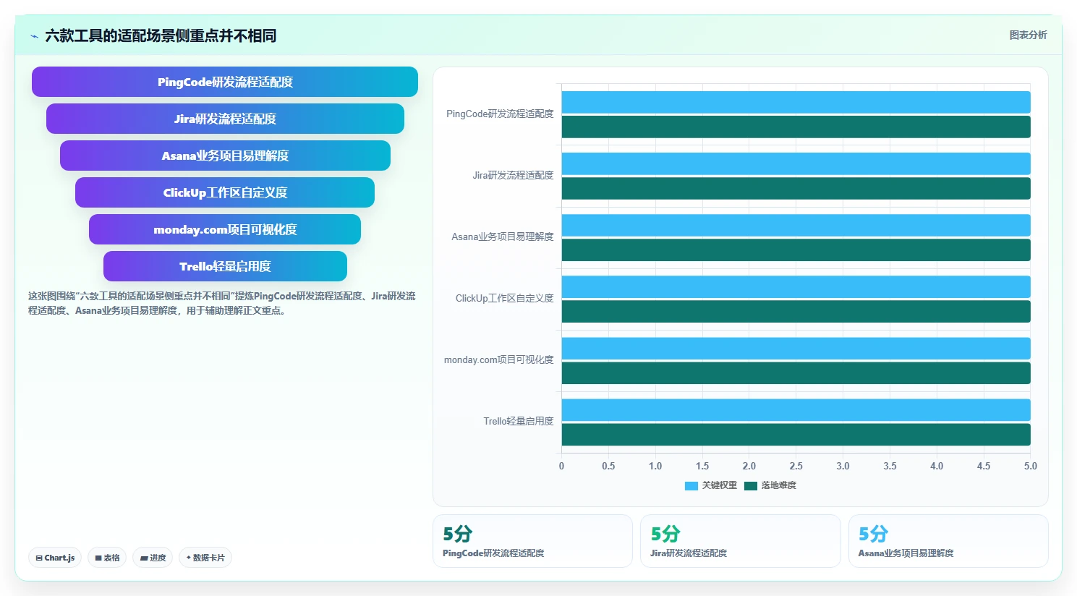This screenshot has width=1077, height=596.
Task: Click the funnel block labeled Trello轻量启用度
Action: pyautogui.click(x=225, y=265)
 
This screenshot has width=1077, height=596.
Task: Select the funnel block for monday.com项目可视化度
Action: pyautogui.click(x=225, y=229)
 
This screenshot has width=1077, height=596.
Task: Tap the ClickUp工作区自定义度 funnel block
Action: pyautogui.click(x=225, y=192)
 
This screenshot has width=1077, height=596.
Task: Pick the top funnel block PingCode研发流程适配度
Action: pyautogui.click(x=225, y=82)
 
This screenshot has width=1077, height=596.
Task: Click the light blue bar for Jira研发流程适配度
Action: pyautogui.click(x=796, y=163)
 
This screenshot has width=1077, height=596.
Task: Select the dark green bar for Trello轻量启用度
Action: pyautogui.click(x=796, y=435)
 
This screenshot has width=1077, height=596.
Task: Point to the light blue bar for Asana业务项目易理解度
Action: pyautogui.click(x=796, y=225)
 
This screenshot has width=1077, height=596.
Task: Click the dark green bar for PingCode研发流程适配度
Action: pyautogui.click(x=796, y=127)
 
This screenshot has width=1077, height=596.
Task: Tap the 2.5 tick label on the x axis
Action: pyautogui.click(x=796, y=466)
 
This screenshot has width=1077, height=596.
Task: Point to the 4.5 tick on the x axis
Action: pyautogui.click(x=983, y=466)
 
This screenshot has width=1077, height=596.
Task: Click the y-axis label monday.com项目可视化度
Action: pyautogui.click(x=498, y=359)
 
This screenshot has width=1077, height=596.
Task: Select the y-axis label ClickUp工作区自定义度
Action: pyautogui.click(x=504, y=298)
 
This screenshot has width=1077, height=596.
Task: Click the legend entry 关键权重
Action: pyautogui.click(x=710, y=485)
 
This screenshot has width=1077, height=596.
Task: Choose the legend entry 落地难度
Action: pyautogui.click(x=770, y=485)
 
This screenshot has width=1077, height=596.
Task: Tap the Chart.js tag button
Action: pyautogui.click(x=55, y=558)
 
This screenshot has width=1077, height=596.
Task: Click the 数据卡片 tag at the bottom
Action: pyautogui.click(x=205, y=558)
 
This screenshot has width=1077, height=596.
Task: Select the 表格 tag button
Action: pyautogui.click(x=107, y=558)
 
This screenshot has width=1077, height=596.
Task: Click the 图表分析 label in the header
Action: pyautogui.click(x=1028, y=35)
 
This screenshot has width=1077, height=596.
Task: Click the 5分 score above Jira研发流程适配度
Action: pyautogui.click(x=665, y=534)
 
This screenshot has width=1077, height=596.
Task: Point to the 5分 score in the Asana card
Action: pyautogui.click(x=873, y=534)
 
